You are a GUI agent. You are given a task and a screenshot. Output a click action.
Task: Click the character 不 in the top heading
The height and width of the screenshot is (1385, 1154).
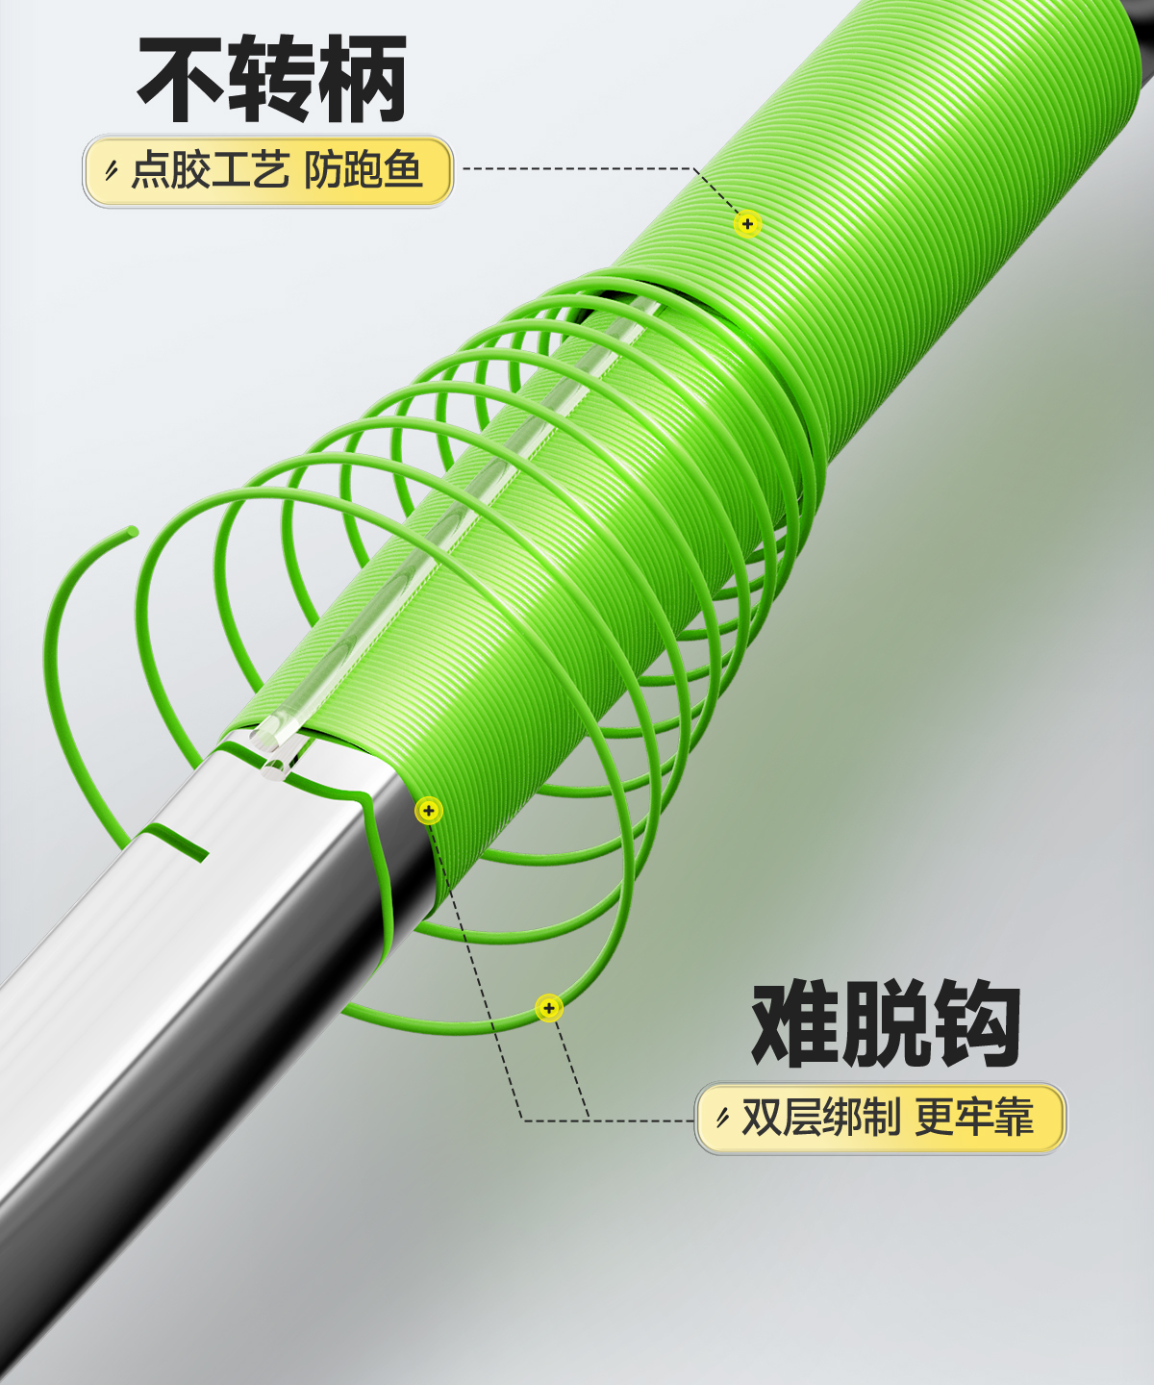point(183,82)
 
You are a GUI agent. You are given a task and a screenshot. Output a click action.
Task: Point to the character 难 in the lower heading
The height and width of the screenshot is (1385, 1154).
point(795,1025)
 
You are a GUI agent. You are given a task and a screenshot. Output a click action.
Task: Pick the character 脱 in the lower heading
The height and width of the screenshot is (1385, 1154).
point(885,1025)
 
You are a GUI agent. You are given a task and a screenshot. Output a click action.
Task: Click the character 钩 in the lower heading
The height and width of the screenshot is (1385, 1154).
point(974,1025)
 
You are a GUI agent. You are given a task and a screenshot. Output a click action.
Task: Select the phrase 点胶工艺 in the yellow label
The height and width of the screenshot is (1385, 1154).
point(210,171)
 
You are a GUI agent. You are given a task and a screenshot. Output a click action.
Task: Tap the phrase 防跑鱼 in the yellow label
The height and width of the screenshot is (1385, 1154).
point(364,171)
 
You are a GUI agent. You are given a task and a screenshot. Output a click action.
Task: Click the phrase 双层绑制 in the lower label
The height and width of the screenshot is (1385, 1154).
point(820,1119)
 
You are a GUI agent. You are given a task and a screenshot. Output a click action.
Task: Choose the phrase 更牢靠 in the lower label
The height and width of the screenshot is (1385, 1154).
point(974,1119)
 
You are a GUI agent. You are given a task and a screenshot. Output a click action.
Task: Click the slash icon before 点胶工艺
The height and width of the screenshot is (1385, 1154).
point(112,172)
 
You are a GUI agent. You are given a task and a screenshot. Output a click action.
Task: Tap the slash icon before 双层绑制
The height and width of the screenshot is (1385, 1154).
point(722,1119)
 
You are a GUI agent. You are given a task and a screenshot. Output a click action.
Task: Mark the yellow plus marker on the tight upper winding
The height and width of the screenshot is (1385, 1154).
point(747,224)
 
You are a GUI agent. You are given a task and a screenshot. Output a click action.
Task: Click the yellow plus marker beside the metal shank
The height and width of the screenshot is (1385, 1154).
point(429,811)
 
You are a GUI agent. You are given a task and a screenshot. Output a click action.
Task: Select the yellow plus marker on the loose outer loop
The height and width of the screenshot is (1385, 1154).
point(548,1008)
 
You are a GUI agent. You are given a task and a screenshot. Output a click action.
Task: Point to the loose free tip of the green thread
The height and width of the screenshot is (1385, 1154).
point(131,533)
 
